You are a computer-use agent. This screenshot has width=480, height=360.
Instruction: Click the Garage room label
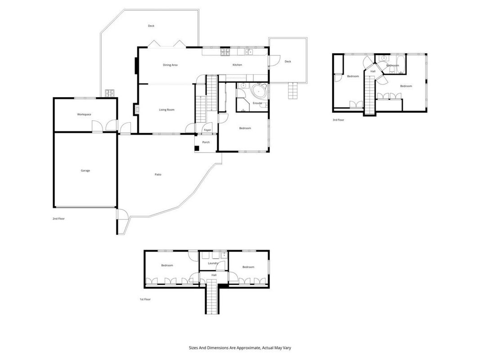85,171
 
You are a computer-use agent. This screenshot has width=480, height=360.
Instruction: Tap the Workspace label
84,114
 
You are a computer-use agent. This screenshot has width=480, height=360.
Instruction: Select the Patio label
158,175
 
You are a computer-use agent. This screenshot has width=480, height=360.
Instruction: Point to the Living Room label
166,110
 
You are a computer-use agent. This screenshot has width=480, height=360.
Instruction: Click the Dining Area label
170,65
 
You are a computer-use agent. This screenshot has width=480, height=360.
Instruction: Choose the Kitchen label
237,65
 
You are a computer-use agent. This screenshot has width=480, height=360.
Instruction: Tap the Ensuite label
257,103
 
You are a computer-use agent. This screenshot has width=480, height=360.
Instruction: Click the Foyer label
207,130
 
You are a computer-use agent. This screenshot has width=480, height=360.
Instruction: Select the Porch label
206,142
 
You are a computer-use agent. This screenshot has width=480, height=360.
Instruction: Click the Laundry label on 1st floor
213,263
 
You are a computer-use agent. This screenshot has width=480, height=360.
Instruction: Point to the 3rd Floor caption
338,120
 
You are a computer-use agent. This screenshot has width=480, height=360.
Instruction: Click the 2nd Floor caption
58,219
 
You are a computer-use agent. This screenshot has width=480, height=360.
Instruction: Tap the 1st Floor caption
145,299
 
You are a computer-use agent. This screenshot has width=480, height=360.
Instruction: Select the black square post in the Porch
197,148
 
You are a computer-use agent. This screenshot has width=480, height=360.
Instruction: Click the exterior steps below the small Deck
293,91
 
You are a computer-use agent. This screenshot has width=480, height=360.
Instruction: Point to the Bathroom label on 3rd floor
393,66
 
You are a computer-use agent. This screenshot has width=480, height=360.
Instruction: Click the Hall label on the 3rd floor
373,72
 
